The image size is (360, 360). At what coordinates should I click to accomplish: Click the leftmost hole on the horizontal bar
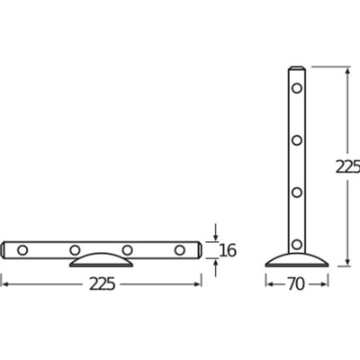click(x=22, y=248)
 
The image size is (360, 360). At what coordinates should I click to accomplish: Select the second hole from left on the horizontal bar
click(x=76, y=248)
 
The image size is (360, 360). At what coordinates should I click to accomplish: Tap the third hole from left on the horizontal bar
click(x=128, y=248)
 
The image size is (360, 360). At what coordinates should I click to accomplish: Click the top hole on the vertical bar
click(x=297, y=88)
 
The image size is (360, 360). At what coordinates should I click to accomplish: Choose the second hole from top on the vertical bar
click(x=297, y=139)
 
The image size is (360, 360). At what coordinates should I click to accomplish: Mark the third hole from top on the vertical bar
click(x=297, y=191)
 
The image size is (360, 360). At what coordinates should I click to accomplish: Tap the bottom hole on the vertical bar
click(x=297, y=242)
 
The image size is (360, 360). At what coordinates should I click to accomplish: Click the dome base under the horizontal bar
click(x=100, y=261)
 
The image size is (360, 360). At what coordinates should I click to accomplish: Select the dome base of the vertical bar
click(x=296, y=259)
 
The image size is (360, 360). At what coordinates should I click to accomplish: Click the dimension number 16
click(x=228, y=249)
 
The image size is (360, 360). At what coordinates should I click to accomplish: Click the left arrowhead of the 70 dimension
click(x=268, y=284)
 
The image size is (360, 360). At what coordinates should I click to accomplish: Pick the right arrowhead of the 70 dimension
click(x=325, y=284)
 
